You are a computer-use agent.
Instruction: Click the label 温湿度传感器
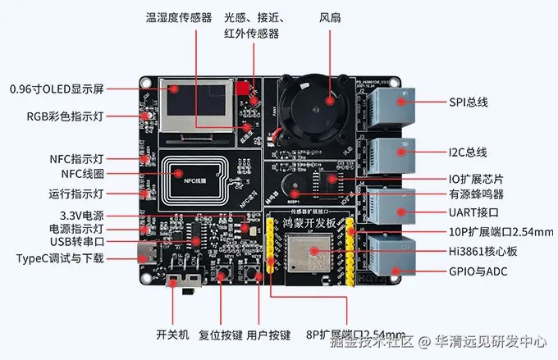[178, 17]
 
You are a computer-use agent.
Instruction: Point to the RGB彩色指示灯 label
[66, 116]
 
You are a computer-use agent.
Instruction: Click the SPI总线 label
[469, 102]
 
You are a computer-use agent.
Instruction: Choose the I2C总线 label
[469, 152]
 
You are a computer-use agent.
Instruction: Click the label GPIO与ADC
[478, 271]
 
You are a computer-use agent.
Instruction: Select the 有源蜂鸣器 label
[476, 194]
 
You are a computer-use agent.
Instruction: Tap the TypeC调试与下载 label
[61, 258]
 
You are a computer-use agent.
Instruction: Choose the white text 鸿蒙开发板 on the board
[309, 224]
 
